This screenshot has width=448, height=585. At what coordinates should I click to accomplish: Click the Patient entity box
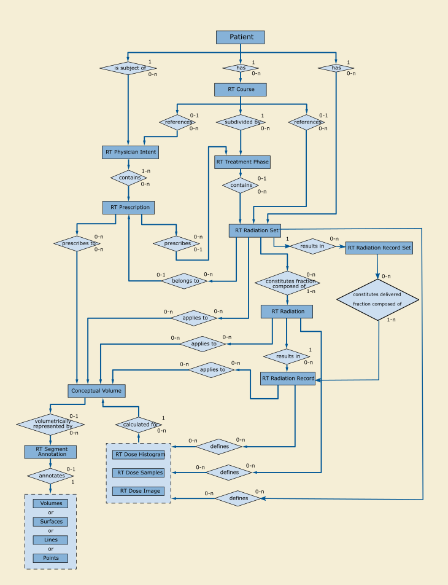(240, 37)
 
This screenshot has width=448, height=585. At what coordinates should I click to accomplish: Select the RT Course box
(240, 90)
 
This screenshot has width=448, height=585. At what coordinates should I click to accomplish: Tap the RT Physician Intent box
(130, 152)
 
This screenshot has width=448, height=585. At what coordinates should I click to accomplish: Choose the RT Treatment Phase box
(242, 162)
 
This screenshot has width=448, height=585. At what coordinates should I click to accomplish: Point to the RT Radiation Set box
(255, 230)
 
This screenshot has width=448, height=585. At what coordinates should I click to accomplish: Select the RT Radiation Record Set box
(379, 248)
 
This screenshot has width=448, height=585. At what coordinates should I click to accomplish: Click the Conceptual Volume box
(96, 390)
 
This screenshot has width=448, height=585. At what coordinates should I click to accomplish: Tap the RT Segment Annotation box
(51, 452)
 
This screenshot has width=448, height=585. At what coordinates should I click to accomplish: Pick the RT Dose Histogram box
(139, 455)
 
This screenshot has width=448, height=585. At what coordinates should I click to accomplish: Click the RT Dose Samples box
(139, 473)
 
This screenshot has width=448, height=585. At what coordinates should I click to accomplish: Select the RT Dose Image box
(139, 491)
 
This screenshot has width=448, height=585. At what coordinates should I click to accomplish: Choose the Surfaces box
(51, 522)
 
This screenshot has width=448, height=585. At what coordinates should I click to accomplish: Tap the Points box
(51, 558)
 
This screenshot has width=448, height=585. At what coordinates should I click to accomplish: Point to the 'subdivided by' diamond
(240, 122)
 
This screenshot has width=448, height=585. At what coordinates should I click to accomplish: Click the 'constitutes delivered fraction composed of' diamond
(377, 299)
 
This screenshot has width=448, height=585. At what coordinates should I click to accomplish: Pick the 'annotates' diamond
(50, 475)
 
